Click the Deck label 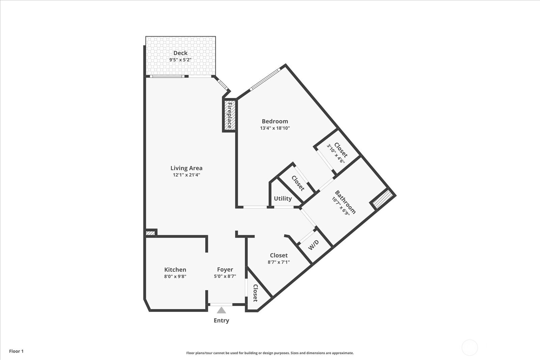[180, 53]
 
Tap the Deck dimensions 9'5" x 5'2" [180, 60]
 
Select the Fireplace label [230, 115]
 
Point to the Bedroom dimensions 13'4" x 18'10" [275, 128]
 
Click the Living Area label [186, 168]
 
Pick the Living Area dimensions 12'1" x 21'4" [186, 175]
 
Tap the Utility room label [283, 198]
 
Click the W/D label [314, 245]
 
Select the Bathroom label [345, 202]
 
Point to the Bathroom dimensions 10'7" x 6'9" [341, 206]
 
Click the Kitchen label [175, 270]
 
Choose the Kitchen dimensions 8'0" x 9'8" [175, 276]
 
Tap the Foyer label [225, 270]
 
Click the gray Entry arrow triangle [221, 310]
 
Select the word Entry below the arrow [221, 321]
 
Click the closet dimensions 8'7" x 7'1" [279, 262]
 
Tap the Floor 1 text [17, 351]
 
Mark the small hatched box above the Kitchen [151, 233]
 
